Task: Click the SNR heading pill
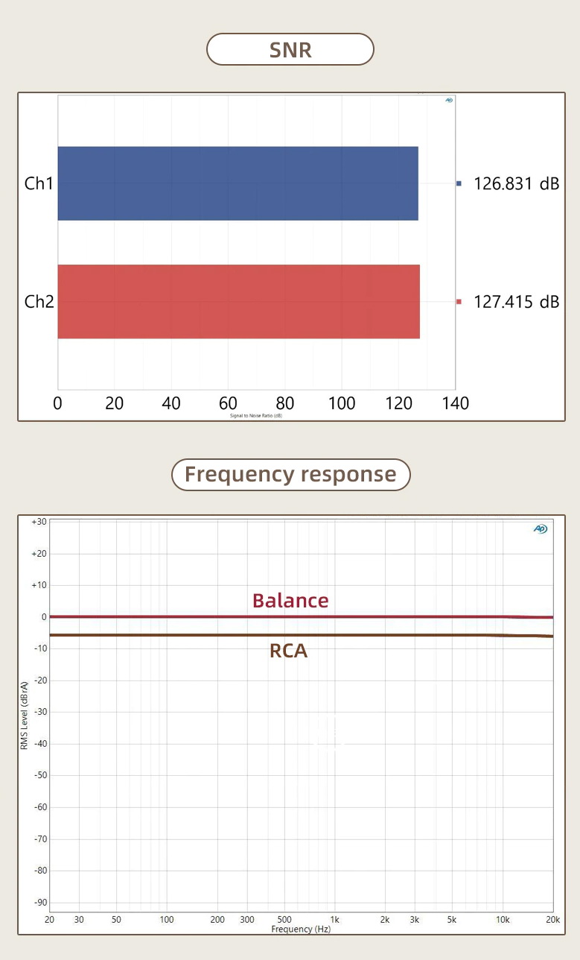(290, 50)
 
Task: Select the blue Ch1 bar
(238, 183)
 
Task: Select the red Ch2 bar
(238, 302)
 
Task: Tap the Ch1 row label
(39, 183)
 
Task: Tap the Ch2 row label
(39, 302)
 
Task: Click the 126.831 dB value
(516, 183)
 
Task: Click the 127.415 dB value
(516, 302)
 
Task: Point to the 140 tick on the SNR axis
(455, 403)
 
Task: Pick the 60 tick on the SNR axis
(228, 403)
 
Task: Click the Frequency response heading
(290, 475)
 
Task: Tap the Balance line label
(290, 601)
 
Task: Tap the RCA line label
(288, 651)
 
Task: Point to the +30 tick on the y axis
(39, 522)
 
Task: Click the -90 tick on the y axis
(39, 902)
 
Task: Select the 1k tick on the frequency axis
(335, 920)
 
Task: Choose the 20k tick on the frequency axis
(552, 920)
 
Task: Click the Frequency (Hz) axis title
(301, 929)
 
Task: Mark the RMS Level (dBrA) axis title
(25, 715)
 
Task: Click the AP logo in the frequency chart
(541, 528)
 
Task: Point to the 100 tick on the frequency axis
(167, 920)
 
